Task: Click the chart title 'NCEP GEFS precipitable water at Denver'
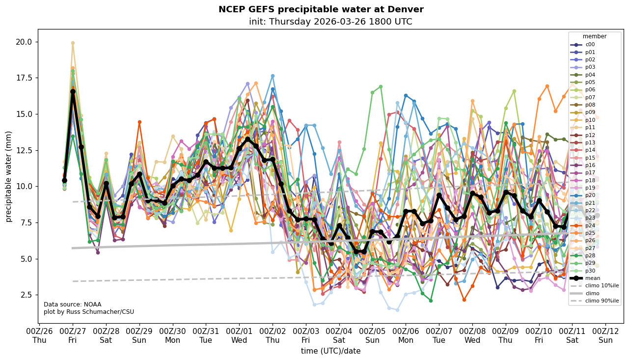321,9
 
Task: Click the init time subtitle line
330,22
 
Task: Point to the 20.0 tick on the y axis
24,42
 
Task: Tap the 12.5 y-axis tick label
24,150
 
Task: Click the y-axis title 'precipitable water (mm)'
8,176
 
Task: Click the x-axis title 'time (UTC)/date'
330,351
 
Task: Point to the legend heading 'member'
595,36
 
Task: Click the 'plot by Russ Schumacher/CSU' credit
88,312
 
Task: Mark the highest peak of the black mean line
73,91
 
